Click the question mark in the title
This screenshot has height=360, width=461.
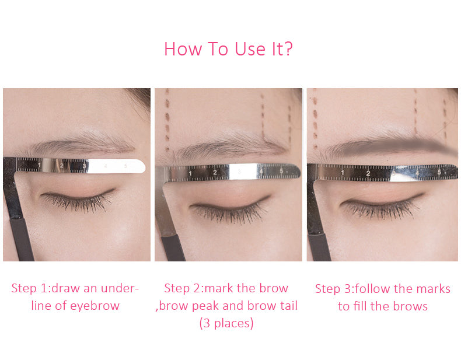click(288, 48)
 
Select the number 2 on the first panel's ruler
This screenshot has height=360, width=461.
click(61, 166)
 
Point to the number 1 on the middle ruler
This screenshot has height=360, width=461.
click(190, 173)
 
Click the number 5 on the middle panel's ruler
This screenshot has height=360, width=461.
click(281, 171)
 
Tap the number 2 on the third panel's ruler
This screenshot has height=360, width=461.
click(368, 173)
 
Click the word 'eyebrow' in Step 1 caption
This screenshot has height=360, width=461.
click(95, 306)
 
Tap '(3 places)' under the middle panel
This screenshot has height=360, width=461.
click(226, 323)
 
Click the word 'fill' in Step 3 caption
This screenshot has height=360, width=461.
click(360, 306)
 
